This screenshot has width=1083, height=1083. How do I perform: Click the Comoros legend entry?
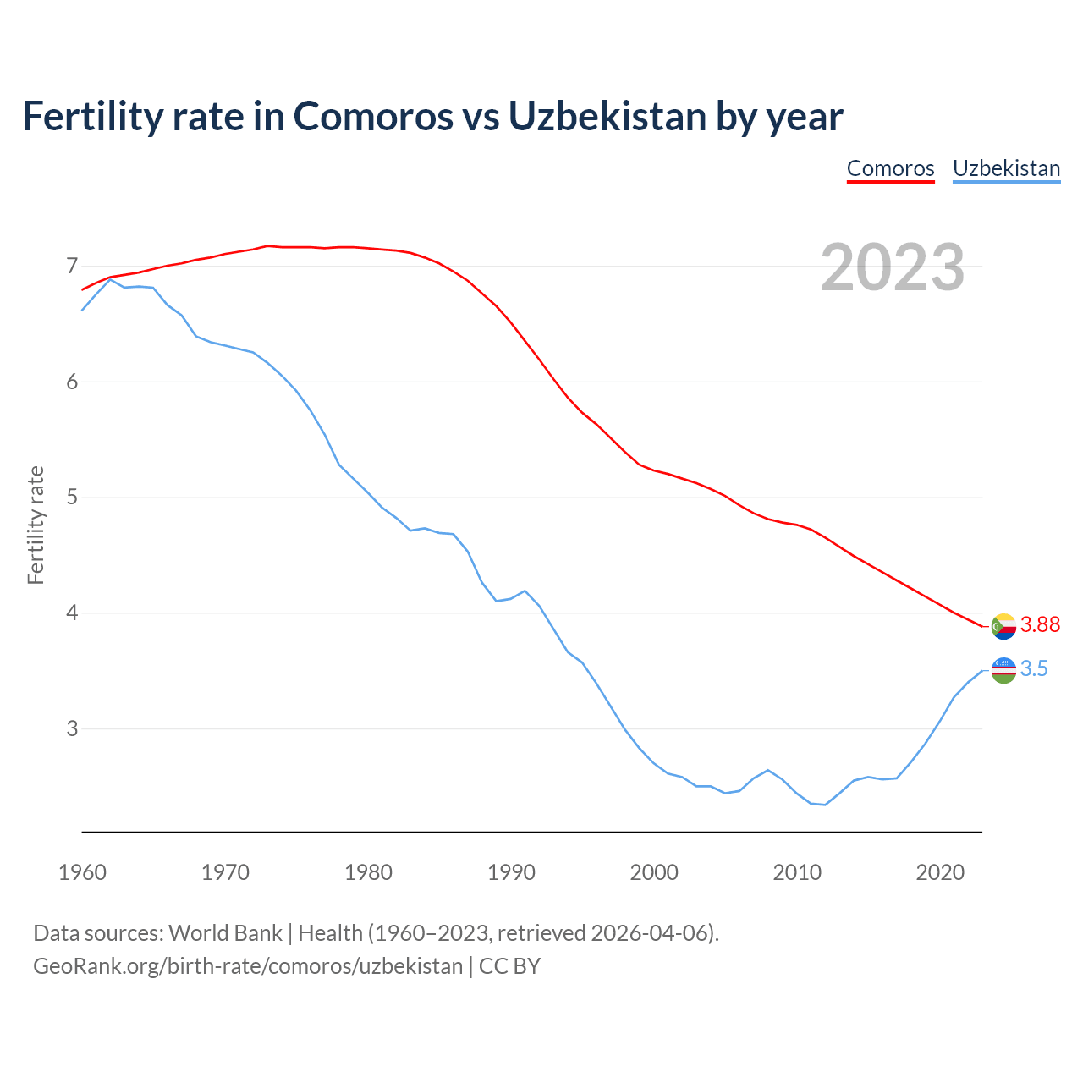click(890, 168)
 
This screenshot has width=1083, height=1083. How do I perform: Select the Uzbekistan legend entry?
click(1006, 168)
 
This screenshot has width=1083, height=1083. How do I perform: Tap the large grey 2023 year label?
click(893, 267)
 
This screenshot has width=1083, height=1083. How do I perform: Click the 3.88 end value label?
click(1040, 625)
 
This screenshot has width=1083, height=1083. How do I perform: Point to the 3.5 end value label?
click(1034, 669)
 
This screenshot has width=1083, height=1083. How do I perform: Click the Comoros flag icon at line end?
click(1003, 627)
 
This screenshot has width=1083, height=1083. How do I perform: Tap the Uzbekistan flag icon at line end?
click(1003, 670)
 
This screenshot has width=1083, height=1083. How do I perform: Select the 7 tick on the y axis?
click(72, 267)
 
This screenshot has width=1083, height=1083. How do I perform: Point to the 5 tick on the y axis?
click(72, 498)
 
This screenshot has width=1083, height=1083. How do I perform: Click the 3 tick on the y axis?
click(72, 728)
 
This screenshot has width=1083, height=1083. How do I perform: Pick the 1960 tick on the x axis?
click(82, 872)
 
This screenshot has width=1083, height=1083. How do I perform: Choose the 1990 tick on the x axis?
click(511, 872)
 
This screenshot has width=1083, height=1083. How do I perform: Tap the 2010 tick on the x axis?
click(797, 872)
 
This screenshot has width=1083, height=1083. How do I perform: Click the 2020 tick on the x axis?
click(940, 872)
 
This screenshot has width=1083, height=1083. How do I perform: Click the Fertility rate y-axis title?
click(36, 525)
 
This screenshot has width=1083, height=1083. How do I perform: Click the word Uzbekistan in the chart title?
click(607, 116)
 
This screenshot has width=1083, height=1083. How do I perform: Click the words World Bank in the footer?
click(225, 933)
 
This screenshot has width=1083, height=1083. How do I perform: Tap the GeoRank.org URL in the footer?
click(248, 966)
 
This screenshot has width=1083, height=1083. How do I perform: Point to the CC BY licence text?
click(509, 966)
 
